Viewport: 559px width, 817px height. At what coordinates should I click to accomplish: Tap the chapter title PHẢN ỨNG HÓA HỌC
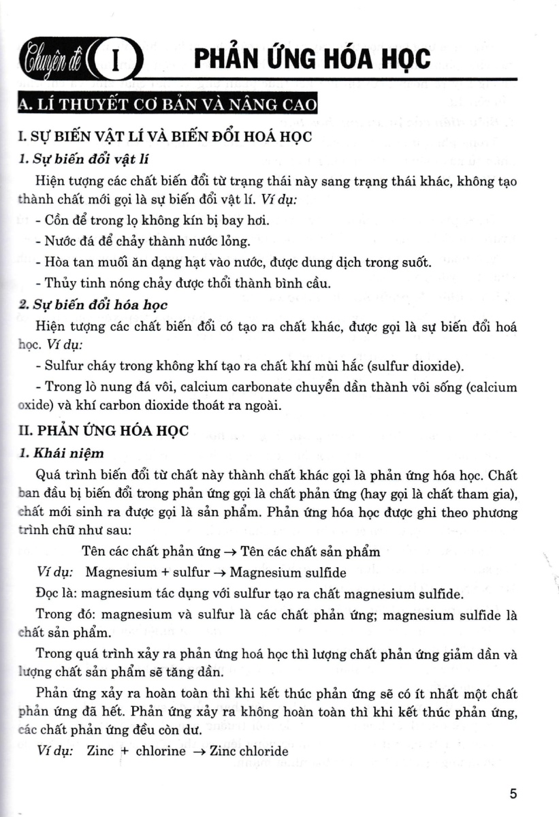coord(312,59)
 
